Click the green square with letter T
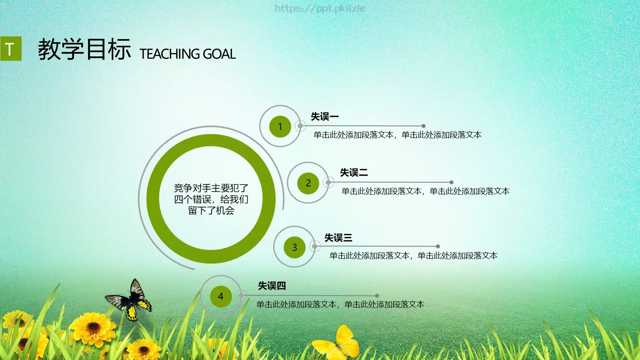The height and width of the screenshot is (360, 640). coord(11,49)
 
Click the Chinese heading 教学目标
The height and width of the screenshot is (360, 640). coord(84,50)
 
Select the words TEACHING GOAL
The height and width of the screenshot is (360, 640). coord(188,54)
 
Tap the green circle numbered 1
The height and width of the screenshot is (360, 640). coord(280,126)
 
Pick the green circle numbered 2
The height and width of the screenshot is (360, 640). coord(308,183)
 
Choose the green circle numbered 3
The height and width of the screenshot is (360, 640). coord(294,248)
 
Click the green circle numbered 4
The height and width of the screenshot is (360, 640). coord(221,296)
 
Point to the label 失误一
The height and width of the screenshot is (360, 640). coord(325,117)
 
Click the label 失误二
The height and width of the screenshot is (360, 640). coord(354,173)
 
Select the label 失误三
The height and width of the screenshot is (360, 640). coord(338,238)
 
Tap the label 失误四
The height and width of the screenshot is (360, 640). coord(272,286)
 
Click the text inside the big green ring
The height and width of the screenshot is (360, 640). coord(211,199)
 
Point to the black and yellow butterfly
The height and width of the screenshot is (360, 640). coord(130,301)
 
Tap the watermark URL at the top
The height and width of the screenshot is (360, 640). coord(320,8)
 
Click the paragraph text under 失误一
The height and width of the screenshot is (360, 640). coord(397,135)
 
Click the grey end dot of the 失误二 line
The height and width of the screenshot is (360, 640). coord(452,182)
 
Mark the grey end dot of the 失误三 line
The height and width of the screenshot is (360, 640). coord(438,246)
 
